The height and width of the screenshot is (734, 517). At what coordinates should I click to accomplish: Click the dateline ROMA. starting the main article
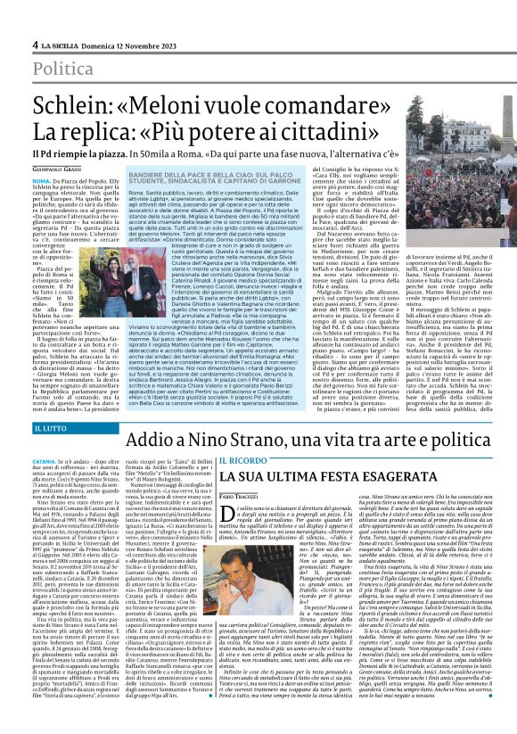click(43, 180)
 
